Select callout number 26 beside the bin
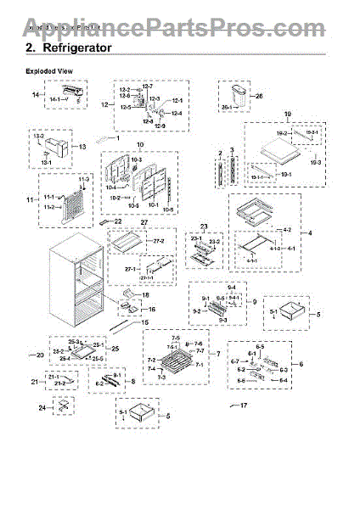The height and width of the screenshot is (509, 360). [258, 96]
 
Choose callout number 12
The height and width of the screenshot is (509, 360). [105, 106]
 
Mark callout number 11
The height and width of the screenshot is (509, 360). [31, 203]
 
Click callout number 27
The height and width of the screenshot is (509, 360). [143, 222]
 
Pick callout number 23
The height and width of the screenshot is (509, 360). [202, 226]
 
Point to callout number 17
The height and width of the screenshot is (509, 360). [245, 406]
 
